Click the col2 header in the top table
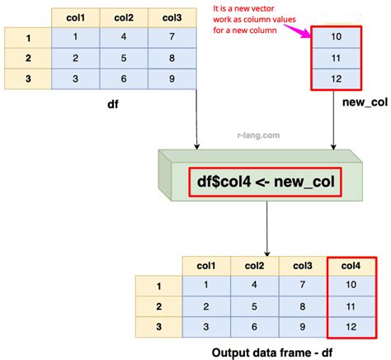coord(124,18)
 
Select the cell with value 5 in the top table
coord(124,58)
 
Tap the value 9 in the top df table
coord(172,79)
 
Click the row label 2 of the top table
coord(28,58)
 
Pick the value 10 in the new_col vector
coord(336,36)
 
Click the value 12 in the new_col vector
coord(336,79)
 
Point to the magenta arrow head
coord(306,34)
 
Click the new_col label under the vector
coord(365,102)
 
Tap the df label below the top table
coord(113,105)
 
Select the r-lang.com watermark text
coord(258,135)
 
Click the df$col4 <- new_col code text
coord(266,182)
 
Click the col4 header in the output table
coord(351,266)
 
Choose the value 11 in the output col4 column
coord(351,306)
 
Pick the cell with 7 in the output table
coord(303,285)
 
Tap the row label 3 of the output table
coord(158,327)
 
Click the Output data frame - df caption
coord(272,353)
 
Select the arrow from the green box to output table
coord(266,229)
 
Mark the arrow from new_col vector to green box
coord(333,120)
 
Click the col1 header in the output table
coord(206,266)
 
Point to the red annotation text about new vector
coord(254,19)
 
